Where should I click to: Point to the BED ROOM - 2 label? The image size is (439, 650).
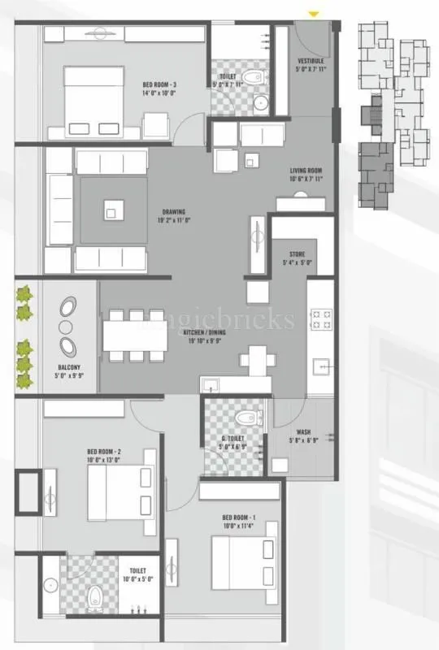(104, 455)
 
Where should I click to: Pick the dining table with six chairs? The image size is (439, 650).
(136, 334)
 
